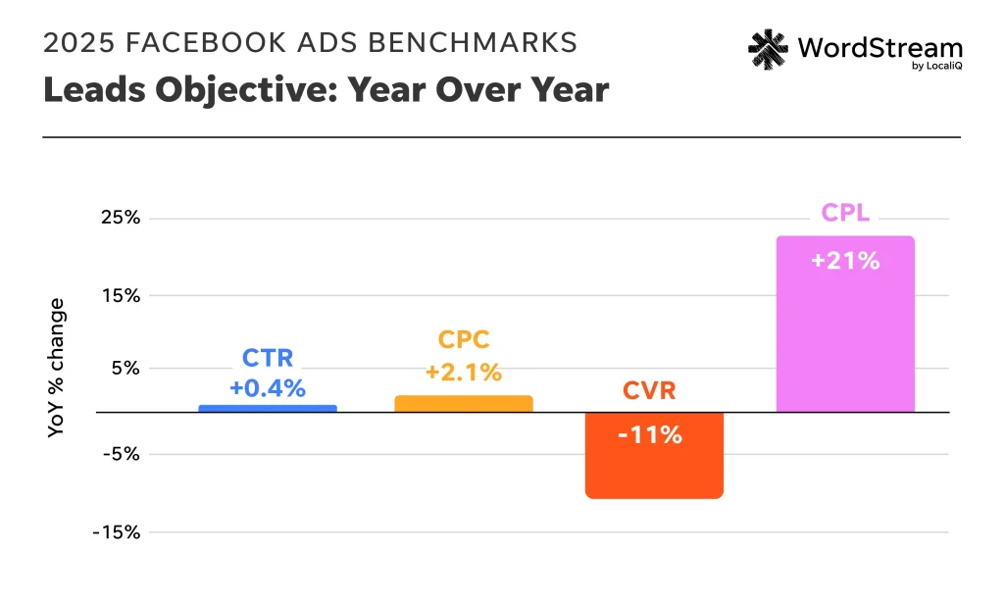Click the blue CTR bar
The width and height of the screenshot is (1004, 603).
(268, 408)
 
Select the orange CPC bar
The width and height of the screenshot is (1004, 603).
(463, 403)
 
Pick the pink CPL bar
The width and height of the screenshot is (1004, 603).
(845, 324)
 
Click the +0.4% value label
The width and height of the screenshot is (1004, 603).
(268, 387)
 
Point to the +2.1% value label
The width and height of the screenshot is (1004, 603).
(463, 373)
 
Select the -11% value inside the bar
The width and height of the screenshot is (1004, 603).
(650, 435)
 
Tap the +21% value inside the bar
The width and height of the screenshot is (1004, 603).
(845, 262)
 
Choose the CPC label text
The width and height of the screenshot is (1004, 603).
(463, 340)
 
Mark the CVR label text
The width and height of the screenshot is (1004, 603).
(649, 392)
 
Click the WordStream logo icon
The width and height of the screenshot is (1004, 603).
(769, 48)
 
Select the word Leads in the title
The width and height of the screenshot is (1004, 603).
(86, 90)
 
